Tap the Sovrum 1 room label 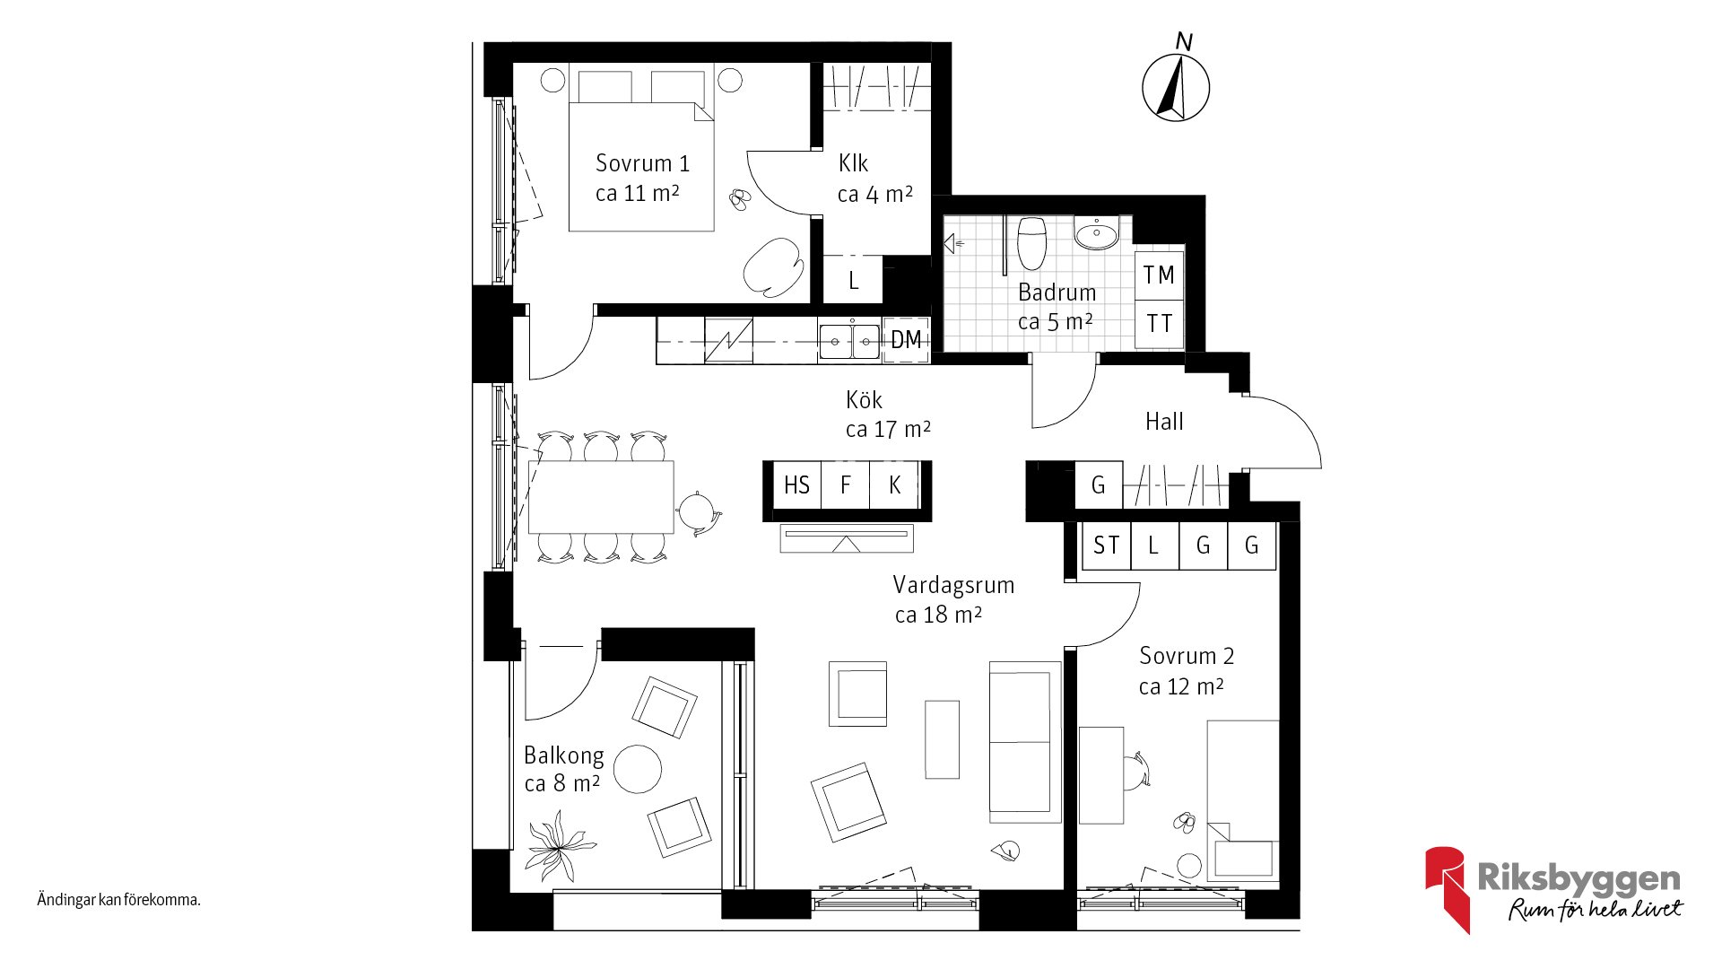point(642,163)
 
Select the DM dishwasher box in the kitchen point(906,340)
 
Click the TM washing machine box point(1159,275)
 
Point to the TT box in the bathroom point(1159,324)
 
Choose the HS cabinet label point(796,485)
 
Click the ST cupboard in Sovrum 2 point(1106,546)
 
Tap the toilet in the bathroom point(1032,242)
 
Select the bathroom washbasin point(1097,234)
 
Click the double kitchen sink point(848,341)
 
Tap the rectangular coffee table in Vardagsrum point(942,739)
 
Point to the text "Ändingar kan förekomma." point(118,900)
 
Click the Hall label point(1164,422)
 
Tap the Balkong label point(563,755)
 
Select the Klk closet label point(853,163)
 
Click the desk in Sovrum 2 point(1101,775)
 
